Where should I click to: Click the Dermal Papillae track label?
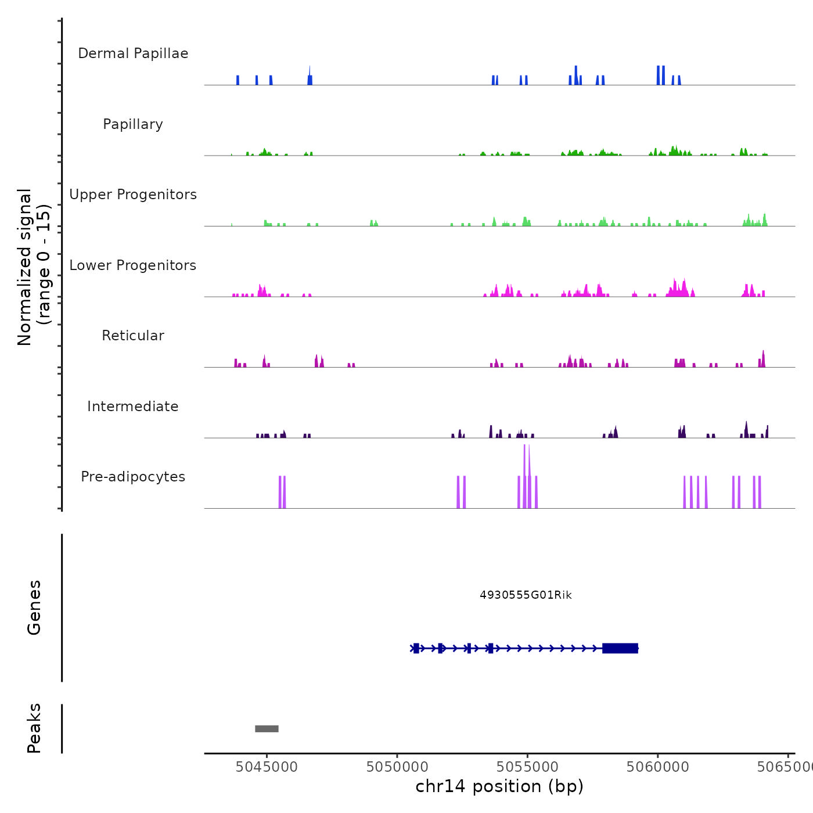click(x=133, y=53)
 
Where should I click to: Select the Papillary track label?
click(x=133, y=124)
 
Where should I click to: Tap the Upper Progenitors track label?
click(x=133, y=195)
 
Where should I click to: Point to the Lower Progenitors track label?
click(x=133, y=265)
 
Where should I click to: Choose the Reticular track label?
click(x=133, y=336)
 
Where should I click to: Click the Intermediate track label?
click(x=133, y=406)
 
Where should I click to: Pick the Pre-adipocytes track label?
click(x=133, y=477)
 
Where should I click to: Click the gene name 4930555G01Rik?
click(x=526, y=595)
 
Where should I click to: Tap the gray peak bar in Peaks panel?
click(x=267, y=729)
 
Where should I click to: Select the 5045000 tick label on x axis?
click(x=267, y=767)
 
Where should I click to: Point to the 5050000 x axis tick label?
click(x=397, y=767)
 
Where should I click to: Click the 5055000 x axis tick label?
click(x=527, y=767)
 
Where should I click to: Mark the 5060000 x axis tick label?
click(x=658, y=767)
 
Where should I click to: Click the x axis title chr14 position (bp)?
click(x=499, y=786)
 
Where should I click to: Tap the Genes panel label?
click(x=34, y=607)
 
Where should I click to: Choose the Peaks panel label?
click(x=34, y=728)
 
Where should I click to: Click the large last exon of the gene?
click(x=620, y=648)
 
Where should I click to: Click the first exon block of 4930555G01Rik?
click(x=416, y=648)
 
